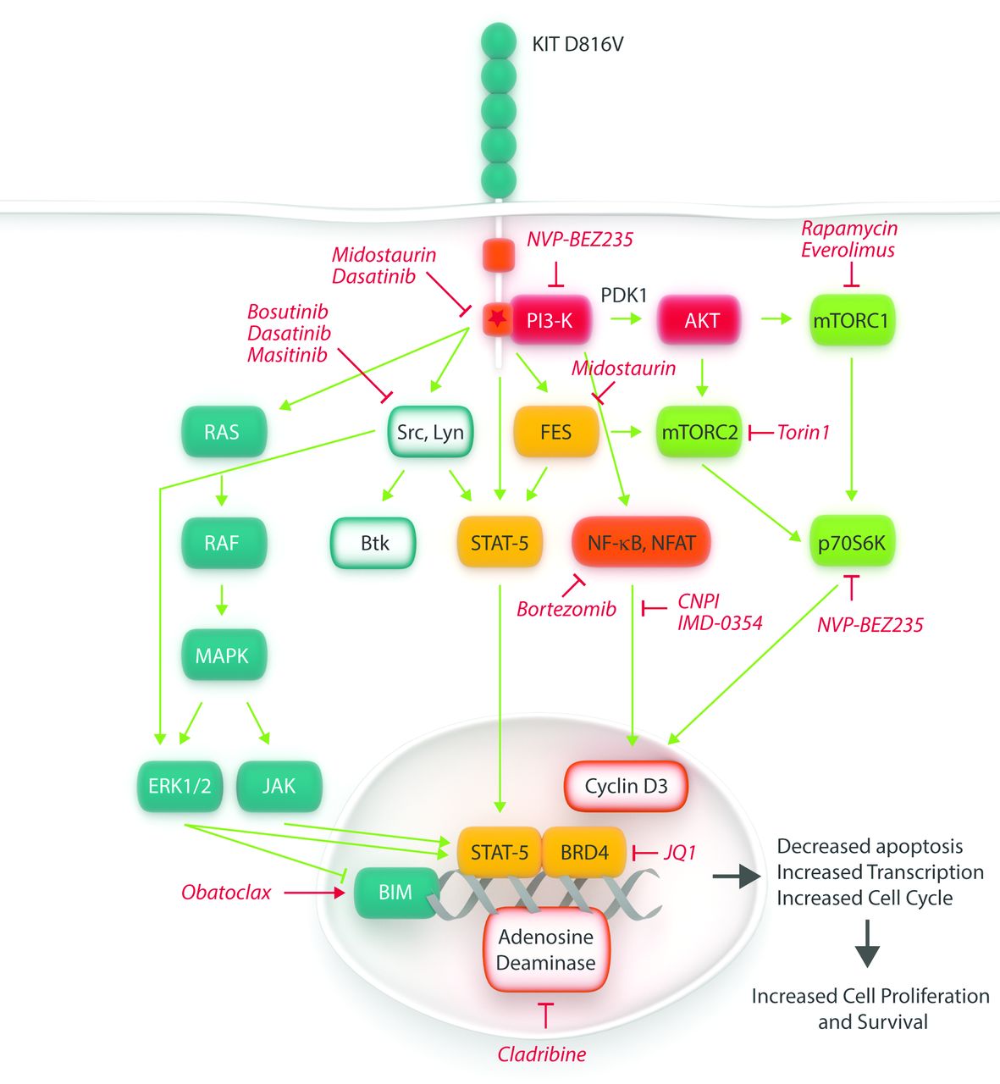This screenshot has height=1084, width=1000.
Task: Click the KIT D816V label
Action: [x=577, y=43]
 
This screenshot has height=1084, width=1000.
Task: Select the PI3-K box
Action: [x=550, y=320]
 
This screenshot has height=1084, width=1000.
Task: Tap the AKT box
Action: [x=701, y=320]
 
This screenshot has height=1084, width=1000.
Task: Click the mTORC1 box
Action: [x=850, y=320]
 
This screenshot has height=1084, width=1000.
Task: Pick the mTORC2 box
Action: [x=699, y=432]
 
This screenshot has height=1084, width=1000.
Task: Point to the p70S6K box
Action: [x=851, y=543]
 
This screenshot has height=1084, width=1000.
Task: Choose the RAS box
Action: [x=222, y=432]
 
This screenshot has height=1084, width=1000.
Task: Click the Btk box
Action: [x=374, y=543]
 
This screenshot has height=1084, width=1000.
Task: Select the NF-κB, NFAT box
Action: [x=641, y=543]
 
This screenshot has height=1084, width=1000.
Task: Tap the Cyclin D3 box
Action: [x=626, y=786]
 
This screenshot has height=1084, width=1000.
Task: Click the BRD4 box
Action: [x=584, y=852]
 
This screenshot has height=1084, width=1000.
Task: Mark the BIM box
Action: [x=395, y=893]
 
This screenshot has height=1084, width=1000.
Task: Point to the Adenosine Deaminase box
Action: [x=546, y=949]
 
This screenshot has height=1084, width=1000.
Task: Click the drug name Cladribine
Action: [x=542, y=1054]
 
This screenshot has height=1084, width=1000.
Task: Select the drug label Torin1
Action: [x=803, y=433]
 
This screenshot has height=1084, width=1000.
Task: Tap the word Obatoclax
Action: [x=226, y=893]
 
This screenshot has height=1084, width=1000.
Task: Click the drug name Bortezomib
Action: [x=566, y=609]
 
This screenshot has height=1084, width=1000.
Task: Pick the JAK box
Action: [x=279, y=786]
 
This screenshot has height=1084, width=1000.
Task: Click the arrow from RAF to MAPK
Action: [x=222, y=599]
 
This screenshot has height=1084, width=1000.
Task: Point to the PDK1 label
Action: [x=623, y=296]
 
